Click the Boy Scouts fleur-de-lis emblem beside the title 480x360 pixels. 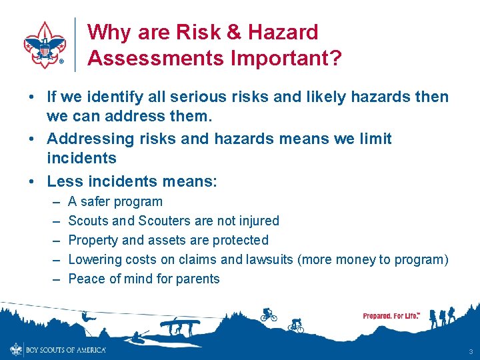(x=45, y=45)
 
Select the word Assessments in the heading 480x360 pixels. (x=155, y=59)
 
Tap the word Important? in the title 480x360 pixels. (x=287, y=59)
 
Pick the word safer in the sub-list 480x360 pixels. (x=97, y=201)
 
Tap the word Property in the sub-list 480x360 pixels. (x=93, y=240)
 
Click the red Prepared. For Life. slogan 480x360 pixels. (x=391, y=315)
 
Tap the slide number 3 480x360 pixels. (x=471, y=351)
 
